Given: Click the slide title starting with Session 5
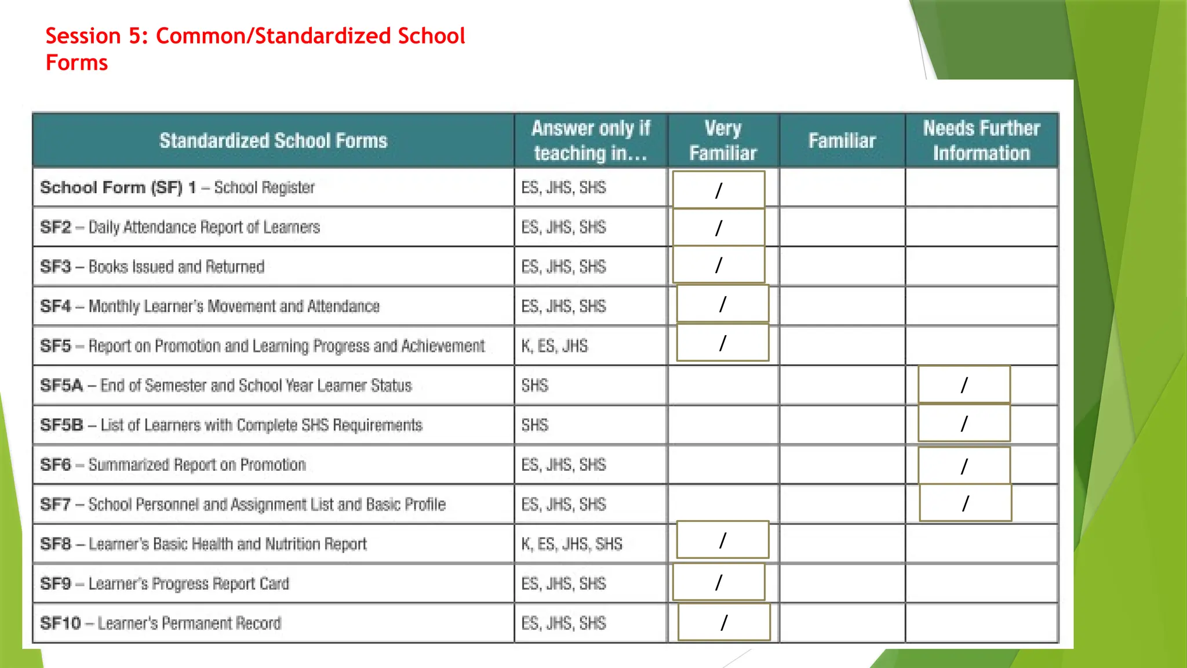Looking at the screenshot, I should coord(255,49).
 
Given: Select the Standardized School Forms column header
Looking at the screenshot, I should coord(273,141).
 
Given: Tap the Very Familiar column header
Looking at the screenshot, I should coord(723,141).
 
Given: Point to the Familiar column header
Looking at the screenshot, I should coord(842,141).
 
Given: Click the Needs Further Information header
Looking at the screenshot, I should coord(981,141).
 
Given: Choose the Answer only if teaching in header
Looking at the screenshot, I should coord(591,141).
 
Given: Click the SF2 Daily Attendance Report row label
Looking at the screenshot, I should coord(180,227).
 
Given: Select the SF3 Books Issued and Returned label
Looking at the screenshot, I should coord(152,267).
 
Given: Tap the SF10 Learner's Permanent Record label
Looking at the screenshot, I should coord(161,623).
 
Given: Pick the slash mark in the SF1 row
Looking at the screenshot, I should coord(719,190).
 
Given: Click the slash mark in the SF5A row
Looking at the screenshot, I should coord(964,385).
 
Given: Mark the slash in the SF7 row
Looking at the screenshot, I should coord(965,503).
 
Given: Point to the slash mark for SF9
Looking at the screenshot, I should coord(719,582).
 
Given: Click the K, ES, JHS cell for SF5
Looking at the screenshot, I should coord(554,346).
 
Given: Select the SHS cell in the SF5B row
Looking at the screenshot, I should coord(534,425).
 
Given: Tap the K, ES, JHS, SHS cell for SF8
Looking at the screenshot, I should coord(571,544).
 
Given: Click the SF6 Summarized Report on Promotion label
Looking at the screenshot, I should coord(173,465).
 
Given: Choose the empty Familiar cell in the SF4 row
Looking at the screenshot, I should coord(842,306).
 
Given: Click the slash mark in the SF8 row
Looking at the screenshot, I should coord(722,540).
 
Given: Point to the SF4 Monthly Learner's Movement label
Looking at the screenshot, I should coord(210,306).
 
